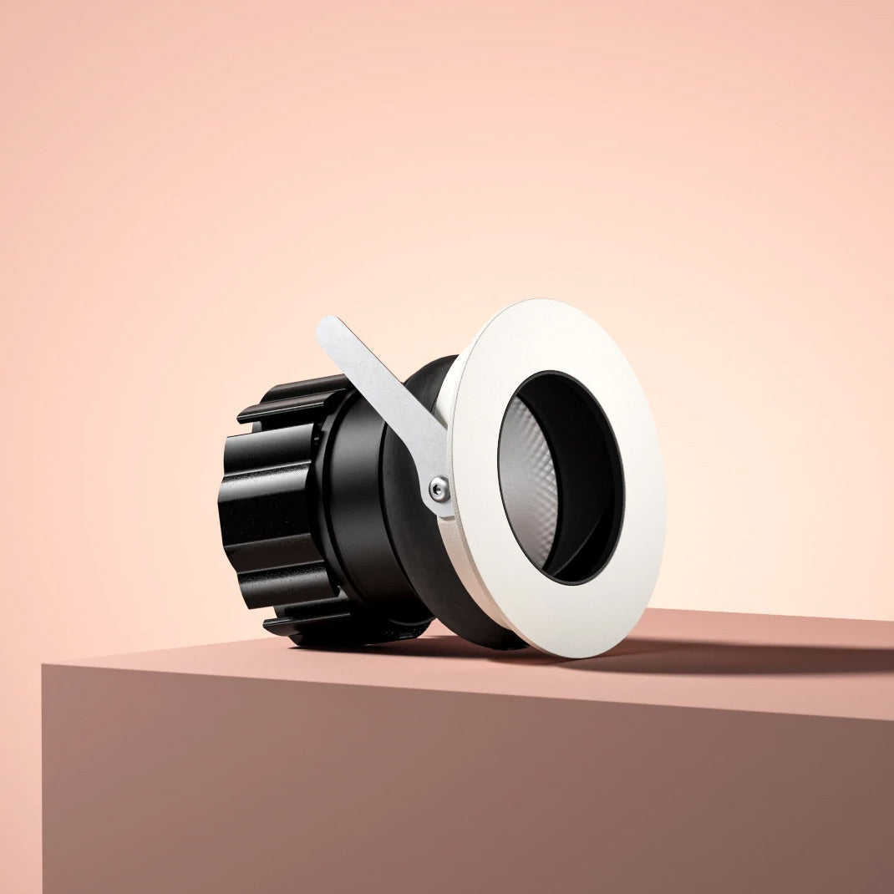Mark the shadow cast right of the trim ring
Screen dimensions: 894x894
(x=752, y=656)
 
